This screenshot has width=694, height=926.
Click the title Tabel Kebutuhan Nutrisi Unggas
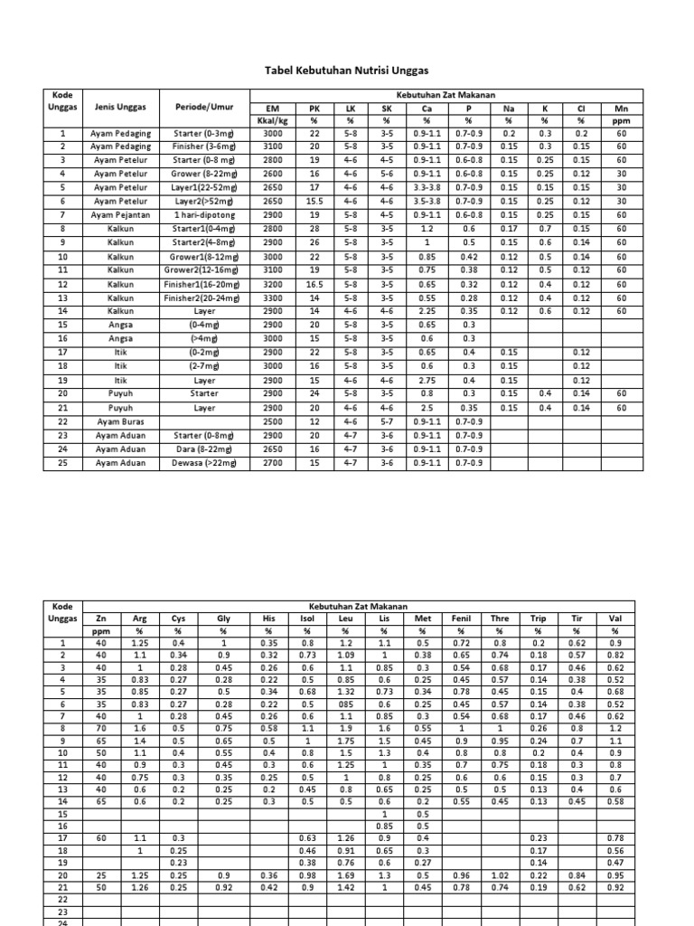click(346, 70)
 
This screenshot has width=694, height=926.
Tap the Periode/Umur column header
click(204, 107)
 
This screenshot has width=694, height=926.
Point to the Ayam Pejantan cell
click(121, 215)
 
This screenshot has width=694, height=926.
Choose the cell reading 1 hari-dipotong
click(204, 215)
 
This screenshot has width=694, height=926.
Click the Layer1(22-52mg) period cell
click(204, 188)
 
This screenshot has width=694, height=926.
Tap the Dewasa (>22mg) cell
click(204, 462)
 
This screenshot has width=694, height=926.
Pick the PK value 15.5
click(314, 202)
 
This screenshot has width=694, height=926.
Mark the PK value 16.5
click(314, 284)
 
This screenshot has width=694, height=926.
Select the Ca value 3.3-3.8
click(427, 188)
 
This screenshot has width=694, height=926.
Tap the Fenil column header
click(461, 619)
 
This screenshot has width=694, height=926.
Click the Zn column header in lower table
click(100, 619)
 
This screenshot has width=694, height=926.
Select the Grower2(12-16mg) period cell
click(204, 270)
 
